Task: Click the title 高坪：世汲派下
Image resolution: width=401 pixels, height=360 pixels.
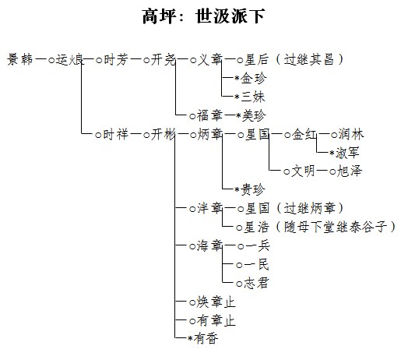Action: click(203, 16)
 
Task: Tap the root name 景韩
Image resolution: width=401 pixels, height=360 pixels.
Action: click(20, 59)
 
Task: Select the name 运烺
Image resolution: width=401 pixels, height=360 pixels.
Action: click(70, 60)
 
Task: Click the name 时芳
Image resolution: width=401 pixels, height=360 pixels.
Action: click(116, 60)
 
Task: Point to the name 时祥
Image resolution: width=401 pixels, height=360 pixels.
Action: click(116, 135)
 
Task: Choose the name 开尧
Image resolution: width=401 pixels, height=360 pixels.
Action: click(164, 60)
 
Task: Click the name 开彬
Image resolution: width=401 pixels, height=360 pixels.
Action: click(164, 135)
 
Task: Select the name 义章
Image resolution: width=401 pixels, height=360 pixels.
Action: click(209, 60)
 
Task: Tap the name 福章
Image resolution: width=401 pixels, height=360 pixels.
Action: click(209, 115)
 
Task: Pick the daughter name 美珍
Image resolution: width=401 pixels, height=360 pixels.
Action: click(254, 115)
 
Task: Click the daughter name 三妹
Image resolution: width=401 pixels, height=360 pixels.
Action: click(253, 97)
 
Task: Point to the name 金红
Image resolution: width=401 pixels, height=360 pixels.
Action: click(304, 135)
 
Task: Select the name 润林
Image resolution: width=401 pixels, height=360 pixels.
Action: click(351, 135)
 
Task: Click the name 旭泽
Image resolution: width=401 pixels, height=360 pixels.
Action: click(350, 171)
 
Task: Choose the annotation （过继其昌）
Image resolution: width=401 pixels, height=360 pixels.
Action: click(309, 60)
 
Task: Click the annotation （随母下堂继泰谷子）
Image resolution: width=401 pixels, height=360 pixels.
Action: click(336, 228)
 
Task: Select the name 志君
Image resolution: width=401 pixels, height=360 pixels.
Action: click(256, 283)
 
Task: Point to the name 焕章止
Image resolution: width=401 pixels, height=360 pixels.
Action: click(216, 302)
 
